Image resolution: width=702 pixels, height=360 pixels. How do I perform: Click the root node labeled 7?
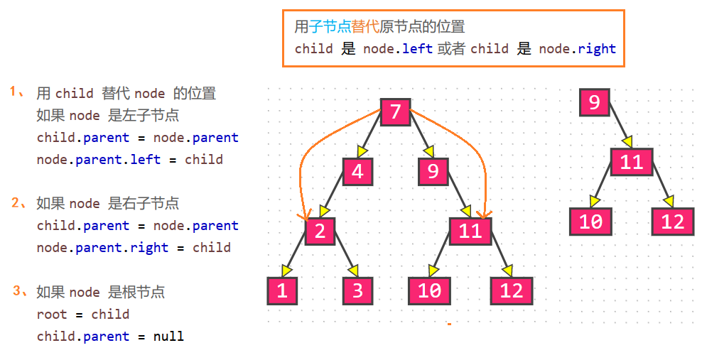click(396, 111)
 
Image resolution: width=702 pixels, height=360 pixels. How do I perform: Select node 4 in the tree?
click(357, 172)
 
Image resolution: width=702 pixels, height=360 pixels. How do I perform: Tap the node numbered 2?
click(320, 231)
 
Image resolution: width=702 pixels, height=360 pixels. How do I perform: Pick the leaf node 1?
click(282, 291)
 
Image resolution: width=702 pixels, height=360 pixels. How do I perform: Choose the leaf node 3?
click(357, 291)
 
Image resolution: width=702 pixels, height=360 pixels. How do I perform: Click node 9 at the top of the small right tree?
click(594, 102)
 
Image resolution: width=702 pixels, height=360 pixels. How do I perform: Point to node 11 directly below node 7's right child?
click(470, 231)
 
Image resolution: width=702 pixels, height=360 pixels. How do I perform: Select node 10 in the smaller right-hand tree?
click(590, 222)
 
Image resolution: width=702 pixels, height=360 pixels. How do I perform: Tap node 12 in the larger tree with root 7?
click(511, 291)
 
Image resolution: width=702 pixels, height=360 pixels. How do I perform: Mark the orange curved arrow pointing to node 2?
click(301, 170)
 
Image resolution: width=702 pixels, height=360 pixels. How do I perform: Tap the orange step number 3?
click(17, 290)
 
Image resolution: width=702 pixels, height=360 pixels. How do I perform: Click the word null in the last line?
click(168, 336)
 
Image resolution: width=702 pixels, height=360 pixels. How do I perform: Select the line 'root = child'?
click(82, 314)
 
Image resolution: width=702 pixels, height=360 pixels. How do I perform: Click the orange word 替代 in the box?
click(366, 28)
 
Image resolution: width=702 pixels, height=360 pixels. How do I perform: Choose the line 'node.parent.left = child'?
click(129, 159)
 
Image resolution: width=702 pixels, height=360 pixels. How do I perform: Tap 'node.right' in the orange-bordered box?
click(577, 48)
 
